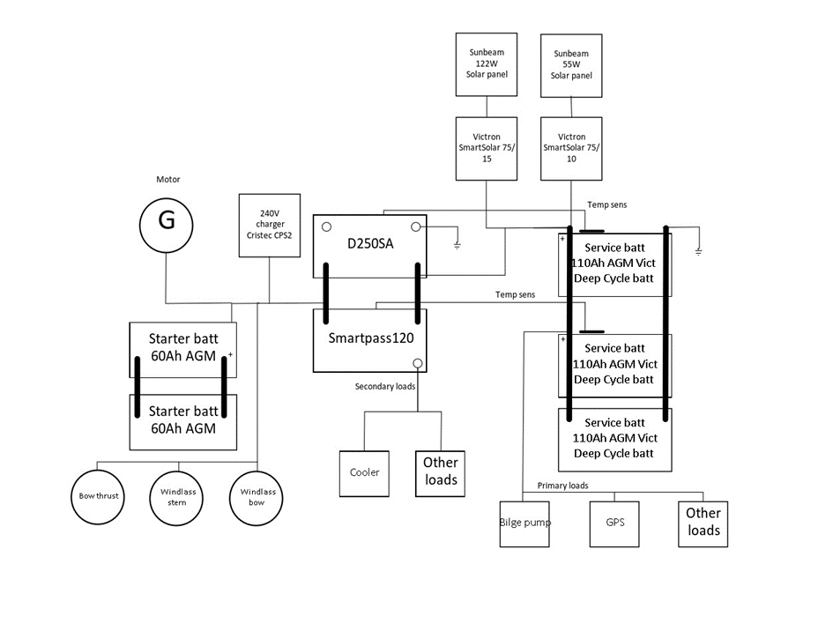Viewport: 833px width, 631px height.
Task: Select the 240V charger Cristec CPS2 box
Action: pos(270,226)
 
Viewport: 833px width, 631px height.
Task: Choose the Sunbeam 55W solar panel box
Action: pos(571,66)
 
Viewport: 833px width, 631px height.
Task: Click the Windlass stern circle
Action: pos(177,496)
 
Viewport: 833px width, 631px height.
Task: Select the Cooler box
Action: pos(364,472)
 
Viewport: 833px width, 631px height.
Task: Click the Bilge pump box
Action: pos(525,523)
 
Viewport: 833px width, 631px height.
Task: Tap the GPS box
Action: pos(614,523)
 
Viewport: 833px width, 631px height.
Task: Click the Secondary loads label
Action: pos(385,387)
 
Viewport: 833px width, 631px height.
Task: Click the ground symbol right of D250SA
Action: pos(456,245)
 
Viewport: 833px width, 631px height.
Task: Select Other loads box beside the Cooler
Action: pos(440,472)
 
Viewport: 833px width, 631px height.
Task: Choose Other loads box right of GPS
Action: pos(703,523)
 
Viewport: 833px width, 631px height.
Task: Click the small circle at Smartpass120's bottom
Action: pos(419,364)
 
